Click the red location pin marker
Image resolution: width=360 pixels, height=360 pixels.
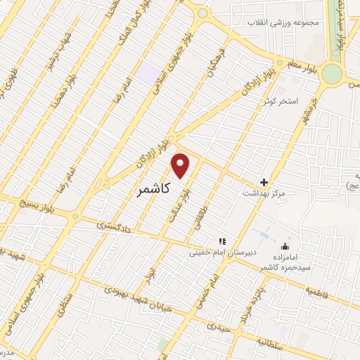181,165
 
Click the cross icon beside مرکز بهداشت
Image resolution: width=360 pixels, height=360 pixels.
264,182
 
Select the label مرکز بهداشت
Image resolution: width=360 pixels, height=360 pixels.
262,193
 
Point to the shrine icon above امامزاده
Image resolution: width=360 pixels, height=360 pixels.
284,247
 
